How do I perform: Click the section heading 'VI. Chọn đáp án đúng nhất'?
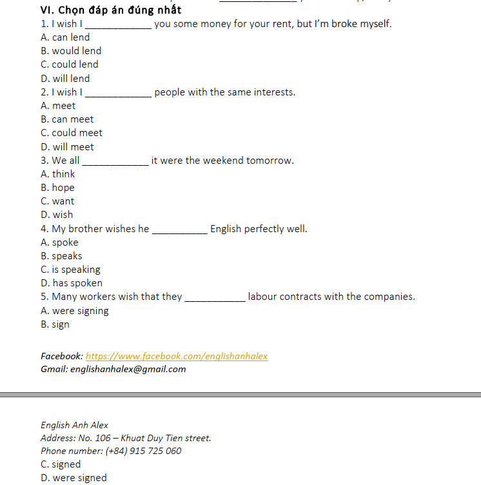pyautogui.click(x=110, y=10)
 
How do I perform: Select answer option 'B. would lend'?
pyautogui.click(x=71, y=51)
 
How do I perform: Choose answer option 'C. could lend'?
pyautogui.click(x=70, y=64)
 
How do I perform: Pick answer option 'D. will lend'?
pyautogui.click(x=65, y=79)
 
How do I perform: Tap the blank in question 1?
pyautogui.click(x=119, y=25)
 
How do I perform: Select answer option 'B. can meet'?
pyautogui.click(x=67, y=119)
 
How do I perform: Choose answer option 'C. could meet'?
pyautogui.click(x=72, y=133)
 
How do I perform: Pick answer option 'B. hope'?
pyautogui.click(x=57, y=188)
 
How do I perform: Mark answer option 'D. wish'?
pyautogui.click(x=57, y=215)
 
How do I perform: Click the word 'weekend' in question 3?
pyautogui.click(x=223, y=161)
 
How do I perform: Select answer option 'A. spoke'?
pyautogui.click(x=59, y=243)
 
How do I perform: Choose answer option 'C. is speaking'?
pyautogui.click(x=70, y=270)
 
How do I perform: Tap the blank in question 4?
pyautogui.click(x=179, y=230)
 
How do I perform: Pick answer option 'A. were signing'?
pyautogui.click(x=74, y=311)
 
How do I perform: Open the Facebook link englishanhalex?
pyautogui.click(x=177, y=356)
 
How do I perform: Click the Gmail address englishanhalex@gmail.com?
pyautogui.click(x=128, y=370)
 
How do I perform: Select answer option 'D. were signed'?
pyautogui.click(x=74, y=478)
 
